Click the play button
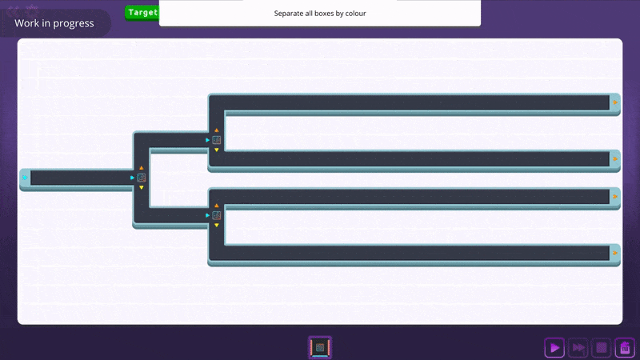click(554, 348)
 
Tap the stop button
click(602, 348)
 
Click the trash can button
click(626, 348)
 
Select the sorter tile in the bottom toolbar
click(320, 347)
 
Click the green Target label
click(142, 13)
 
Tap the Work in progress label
click(54, 23)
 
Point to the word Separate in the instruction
click(291, 14)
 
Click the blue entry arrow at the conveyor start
click(25, 177)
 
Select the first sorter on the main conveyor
click(142, 178)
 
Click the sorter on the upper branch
click(217, 140)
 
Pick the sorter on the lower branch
click(217, 215)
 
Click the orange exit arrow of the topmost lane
click(614, 102)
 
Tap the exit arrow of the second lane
click(614, 159)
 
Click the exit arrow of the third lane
click(614, 196)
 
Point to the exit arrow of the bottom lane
click(614, 253)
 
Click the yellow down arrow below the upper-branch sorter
click(217, 150)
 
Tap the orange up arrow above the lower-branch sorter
click(217, 206)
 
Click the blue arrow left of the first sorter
click(133, 178)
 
